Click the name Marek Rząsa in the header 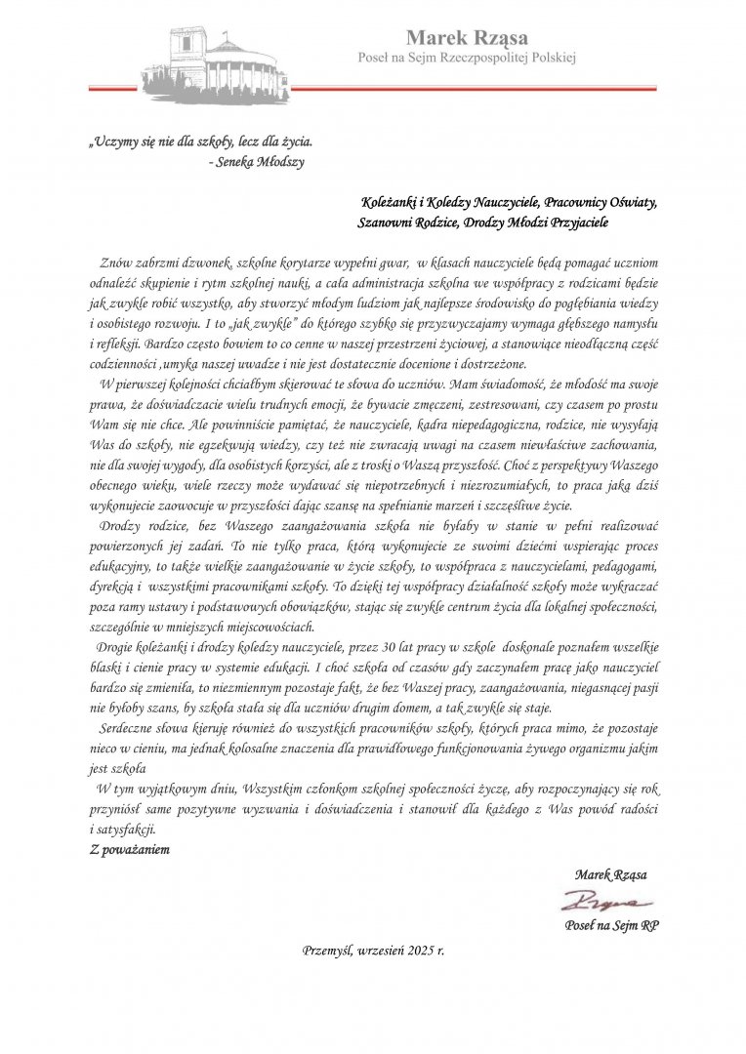[x=467, y=38]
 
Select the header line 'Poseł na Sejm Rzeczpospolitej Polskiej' [x=467, y=59]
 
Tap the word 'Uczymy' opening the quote [x=115, y=142]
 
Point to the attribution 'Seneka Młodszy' [x=261, y=163]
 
